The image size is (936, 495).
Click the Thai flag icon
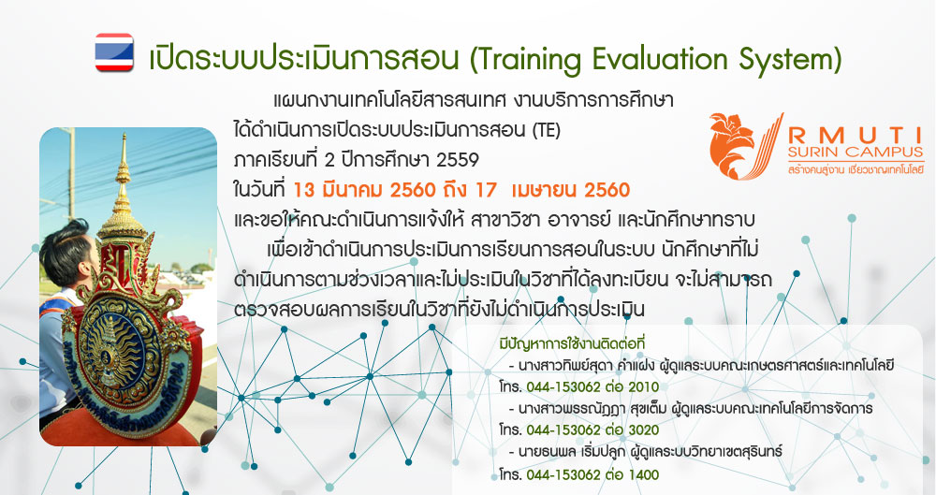114,52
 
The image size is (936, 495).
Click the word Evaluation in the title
654,59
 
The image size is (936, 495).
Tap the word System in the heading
790,60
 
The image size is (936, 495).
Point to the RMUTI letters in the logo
856,135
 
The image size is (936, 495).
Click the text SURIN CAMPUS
856,153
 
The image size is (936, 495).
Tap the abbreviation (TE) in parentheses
546,130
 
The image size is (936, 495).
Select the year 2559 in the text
458,160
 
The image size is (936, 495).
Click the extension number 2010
643,387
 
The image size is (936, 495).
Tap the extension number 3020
643,429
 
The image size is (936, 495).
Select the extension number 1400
643,474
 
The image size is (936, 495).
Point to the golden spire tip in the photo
124,135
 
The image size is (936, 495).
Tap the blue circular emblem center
111,352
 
